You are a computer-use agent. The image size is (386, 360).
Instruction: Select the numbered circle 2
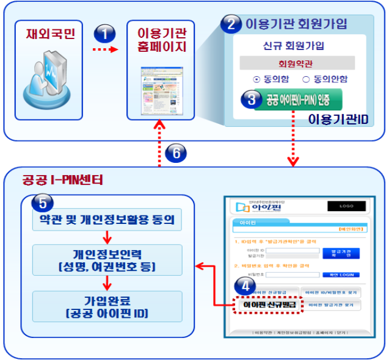click(x=230, y=24)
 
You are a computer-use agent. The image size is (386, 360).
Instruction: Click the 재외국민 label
click(x=51, y=33)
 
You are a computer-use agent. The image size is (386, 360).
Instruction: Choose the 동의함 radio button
click(x=257, y=79)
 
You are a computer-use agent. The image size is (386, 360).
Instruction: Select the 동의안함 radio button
click(x=306, y=79)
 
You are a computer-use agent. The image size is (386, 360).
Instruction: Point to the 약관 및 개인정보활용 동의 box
click(x=107, y=219)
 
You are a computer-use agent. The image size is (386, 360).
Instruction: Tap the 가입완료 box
click(x=107, y=306)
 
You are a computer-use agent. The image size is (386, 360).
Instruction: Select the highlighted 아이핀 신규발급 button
click(x=269, y=304)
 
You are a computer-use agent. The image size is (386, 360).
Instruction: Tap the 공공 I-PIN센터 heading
click(x=62, y=180)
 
